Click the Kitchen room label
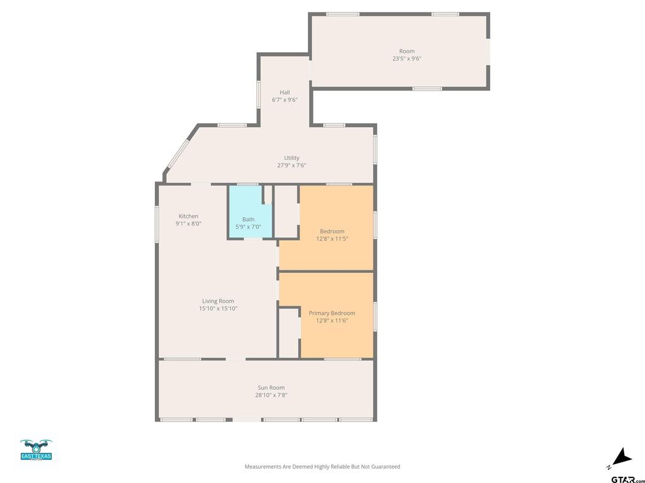coord(188,216)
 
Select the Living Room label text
coord(218,301)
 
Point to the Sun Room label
coord(271,387)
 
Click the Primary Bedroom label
coord(332,313)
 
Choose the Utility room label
coord(292,158)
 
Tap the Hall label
coord(285,92)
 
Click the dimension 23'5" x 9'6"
coord(407,58)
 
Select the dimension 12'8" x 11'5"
coord(332,238)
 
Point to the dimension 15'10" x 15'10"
coord(218,308)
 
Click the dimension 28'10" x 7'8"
coord(271,395)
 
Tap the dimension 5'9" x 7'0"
coord(248,226)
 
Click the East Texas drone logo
coord(36,450)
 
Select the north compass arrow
coord(622,457)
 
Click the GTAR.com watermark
coord(628,479)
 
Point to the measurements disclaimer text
coord(322,467)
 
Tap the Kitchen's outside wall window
coord(157,223)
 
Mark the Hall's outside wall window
coord(259,94)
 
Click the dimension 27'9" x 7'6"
coord(292,165)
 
